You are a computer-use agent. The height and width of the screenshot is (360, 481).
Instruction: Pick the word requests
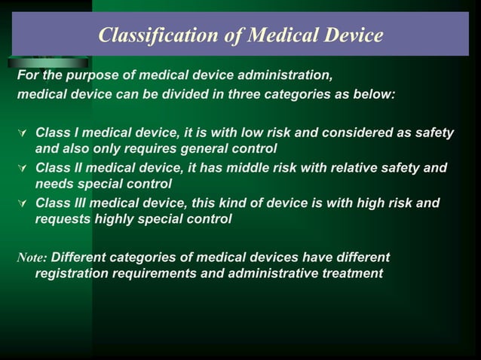pyautogui.click(x=62, y=219)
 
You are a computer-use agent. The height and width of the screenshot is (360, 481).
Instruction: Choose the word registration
pyautogui.click(x=72, y=273)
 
